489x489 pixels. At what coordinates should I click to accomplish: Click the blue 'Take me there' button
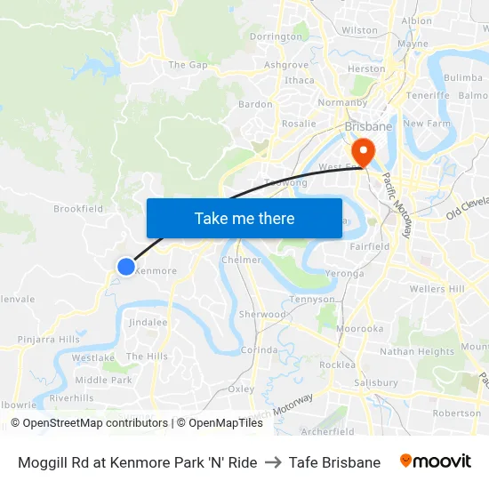[244, 218]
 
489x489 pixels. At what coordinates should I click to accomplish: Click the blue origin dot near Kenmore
[125, 266]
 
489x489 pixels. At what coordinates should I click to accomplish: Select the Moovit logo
[435, 461]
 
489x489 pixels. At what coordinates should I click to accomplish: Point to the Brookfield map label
[78, 209]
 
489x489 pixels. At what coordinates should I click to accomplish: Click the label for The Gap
[188, 65]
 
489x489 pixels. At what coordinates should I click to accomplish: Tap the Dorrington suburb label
[276, 37]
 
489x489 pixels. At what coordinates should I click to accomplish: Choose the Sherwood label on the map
[262, 314]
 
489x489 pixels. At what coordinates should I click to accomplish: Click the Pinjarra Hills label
[48, 340]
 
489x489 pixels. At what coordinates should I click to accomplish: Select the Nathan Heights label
[417, 352]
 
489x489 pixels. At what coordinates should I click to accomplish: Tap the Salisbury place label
[375, 382]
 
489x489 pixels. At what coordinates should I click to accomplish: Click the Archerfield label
[327, 432]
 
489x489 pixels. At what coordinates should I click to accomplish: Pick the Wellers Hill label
[437, 289]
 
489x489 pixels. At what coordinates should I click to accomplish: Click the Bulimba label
[462, 77]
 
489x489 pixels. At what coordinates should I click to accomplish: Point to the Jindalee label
[148, 322]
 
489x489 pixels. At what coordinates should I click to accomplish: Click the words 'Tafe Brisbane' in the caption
[334, 462]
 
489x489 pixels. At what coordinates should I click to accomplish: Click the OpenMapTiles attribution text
[219, 423]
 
